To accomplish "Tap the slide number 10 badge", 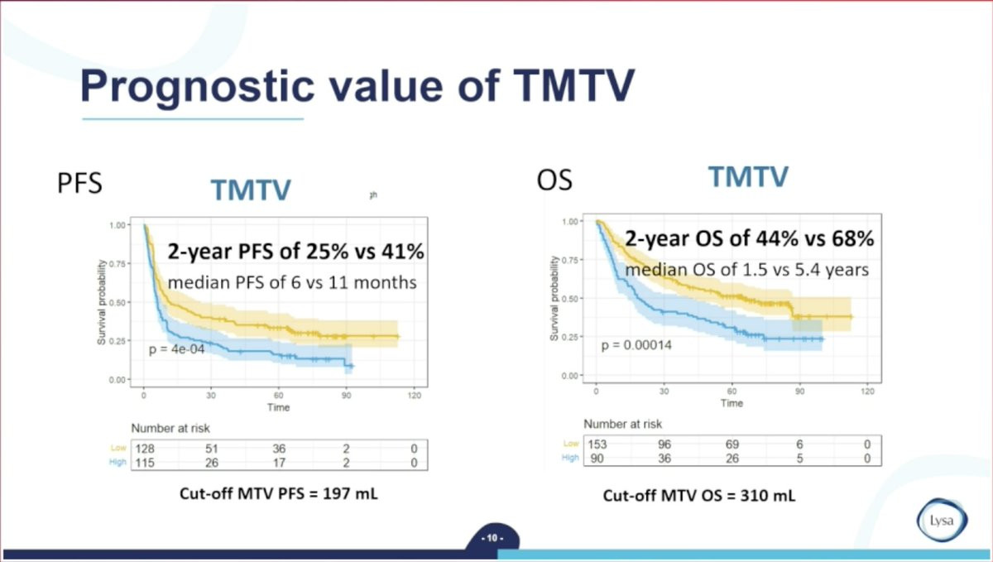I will pos(492,539).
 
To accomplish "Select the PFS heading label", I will pos(79,183).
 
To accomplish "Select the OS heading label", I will pos(554,180).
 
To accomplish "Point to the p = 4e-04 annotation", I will pos(176,350).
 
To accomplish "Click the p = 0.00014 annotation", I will pos(636,345).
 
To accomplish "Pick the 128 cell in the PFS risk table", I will pos(145,448).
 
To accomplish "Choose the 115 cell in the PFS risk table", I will pos(145,462).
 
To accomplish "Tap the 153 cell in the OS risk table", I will pos(597,444).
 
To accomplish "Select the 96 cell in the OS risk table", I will pos(664,444).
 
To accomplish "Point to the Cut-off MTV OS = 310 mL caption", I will pos(699,496).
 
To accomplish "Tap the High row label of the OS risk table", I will pos(570,458).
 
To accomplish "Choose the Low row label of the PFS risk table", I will pos(119,448).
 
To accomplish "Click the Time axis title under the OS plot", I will pos(732,403).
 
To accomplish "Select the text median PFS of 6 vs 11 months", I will pos(292,283).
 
